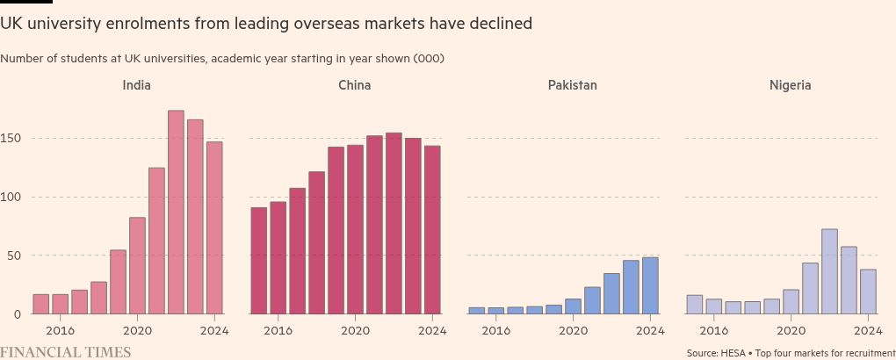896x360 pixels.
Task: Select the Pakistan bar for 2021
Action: coord(592,300)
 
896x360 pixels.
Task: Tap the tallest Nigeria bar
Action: coord(829,271)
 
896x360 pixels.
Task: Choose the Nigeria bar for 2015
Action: coord(694,305)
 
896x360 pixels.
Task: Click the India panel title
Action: coord(136,85)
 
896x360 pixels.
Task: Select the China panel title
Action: coord(354,85)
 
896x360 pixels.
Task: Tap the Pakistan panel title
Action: coord(572,85)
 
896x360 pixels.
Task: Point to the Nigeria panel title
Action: coord(790,85)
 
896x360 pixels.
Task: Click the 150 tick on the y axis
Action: coord(11,138)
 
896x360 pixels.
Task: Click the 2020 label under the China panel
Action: coord(355,331)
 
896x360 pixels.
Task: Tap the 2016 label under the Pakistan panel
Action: coord(495,331)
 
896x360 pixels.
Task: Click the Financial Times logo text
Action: coord(66,352)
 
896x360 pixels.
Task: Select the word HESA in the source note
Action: coord(732,353)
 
